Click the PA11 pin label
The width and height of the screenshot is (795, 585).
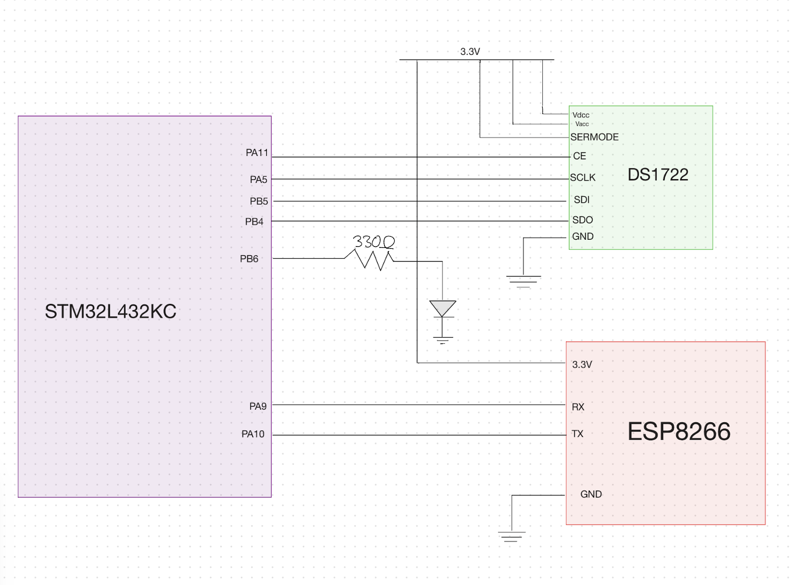257,153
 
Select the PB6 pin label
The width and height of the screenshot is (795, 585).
249,259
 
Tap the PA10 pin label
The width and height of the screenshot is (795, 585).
253,434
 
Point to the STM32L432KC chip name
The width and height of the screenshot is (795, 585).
110,311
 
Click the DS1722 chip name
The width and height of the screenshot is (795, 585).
657,175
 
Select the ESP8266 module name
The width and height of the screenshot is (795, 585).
679,431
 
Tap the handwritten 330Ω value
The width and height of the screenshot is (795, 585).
373,241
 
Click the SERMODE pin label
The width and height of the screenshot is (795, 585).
594,137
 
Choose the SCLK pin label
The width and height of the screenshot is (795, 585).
582,178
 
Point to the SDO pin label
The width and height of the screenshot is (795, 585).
582,220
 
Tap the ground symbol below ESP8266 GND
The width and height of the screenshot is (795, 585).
511,536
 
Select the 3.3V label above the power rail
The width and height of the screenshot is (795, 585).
470,51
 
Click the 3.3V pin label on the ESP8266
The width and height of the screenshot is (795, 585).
582,365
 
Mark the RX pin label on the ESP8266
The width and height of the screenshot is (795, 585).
578,407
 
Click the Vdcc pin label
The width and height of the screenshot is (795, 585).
581,115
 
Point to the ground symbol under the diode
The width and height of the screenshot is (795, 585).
443,340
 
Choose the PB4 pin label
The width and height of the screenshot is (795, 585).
254,222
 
